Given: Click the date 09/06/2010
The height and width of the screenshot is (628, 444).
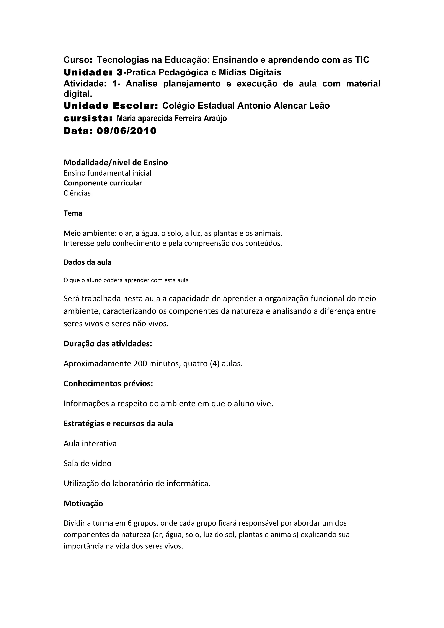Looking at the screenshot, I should [126, 131].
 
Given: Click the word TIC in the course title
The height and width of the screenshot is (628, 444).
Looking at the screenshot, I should [362, 60].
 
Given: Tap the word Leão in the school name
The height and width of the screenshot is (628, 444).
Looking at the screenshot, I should [319, 106].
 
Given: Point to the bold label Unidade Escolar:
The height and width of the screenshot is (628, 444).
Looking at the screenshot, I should [111, 106].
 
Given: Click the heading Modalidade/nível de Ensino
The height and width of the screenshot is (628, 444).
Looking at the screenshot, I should [116, 163].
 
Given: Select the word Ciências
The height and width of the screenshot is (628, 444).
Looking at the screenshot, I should [77, 193].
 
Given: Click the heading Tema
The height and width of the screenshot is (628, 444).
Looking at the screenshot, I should [73, 213].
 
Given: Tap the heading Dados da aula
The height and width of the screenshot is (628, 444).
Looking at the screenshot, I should [88, 262].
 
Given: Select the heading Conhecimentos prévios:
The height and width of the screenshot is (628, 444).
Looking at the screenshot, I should [108, 384].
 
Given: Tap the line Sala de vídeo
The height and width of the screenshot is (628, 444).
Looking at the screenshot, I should [88, 464].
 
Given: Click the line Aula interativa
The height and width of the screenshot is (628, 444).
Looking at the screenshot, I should [90, 444].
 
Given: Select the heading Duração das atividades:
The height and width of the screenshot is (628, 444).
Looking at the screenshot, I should [108, 344].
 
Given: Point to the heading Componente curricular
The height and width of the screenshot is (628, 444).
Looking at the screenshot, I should [103, 183].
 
